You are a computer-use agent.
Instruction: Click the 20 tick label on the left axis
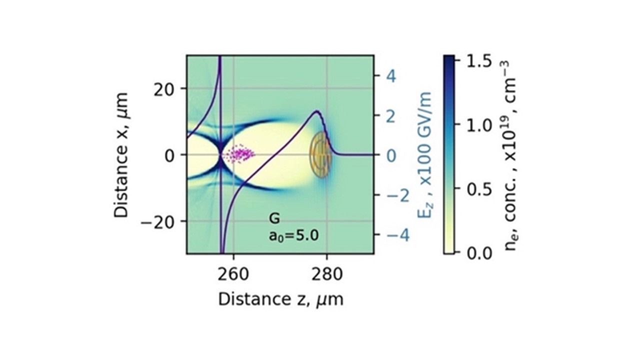click(168, 88)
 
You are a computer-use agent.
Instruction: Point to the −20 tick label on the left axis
click(162, 221)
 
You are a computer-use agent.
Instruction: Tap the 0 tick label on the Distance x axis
click(172, 154)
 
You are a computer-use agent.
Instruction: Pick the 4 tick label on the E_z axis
click(391, 76)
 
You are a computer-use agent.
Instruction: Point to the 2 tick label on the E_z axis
click(391, 115)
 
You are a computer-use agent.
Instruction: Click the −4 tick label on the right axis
click(397, 234)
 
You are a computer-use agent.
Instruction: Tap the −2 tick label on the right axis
click(397, 194)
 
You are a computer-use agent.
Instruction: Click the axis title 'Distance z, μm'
click(280, 299)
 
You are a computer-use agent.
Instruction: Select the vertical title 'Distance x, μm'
click(121, 154)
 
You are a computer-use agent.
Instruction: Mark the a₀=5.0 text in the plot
click(293, 235)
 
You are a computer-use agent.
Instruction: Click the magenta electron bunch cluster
click(239, 154)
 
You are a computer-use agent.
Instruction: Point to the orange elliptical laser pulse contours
click(320, 154)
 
